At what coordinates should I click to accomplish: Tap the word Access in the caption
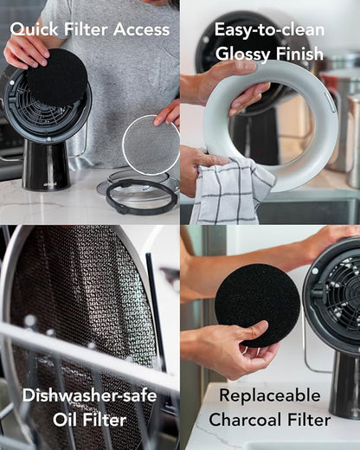(x=141, y=29)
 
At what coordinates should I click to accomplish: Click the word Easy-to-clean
(x=269, y=29)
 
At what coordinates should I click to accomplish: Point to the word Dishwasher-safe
(x=89, y=395)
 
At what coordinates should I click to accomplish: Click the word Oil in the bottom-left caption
(x=65, y=420)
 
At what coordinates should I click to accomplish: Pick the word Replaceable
(x=270, y=395)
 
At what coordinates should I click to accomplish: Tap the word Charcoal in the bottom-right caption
(x=245, y=420)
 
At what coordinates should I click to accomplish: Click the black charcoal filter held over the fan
(x=57, y=77)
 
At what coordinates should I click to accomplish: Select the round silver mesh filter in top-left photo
(x=151, y=145)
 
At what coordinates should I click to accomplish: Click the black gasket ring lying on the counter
(x=141, y=196)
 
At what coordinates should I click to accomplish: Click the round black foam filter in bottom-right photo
(x=257, y=305)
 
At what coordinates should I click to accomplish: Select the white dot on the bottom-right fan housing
(x=314, y=271)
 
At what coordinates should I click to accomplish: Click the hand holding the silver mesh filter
(x=168, y=115)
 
